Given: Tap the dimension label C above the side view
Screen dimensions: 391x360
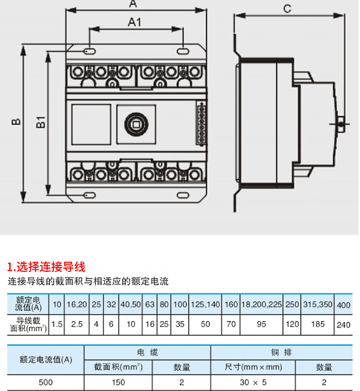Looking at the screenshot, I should click(x=288, y=8).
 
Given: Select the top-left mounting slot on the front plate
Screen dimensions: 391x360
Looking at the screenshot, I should click(x=89, y=50).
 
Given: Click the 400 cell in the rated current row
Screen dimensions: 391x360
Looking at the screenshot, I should click(x=343, y=305).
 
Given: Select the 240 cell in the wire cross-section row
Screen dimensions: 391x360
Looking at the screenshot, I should click(x=343, y=325).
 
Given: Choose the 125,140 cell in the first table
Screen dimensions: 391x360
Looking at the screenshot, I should click(x=205, y=305).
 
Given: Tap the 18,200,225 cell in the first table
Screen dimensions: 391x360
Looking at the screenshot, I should click(x=261, y=305).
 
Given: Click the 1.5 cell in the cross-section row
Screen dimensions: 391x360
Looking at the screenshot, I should click(x=57, y=324).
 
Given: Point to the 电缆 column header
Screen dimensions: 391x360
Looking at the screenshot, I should click(x=147, y=353).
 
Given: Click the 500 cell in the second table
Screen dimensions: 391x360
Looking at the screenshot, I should click(x=46, y=382).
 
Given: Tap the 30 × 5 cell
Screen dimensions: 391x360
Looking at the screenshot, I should click(x=253, y=382).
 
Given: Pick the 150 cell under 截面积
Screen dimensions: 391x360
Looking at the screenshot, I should click(x=118, y=382).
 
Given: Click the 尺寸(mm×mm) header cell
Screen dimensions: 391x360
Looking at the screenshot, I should click(x=253, y=367).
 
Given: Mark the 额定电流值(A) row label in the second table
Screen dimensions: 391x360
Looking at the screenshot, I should click(x=46, y=360).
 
